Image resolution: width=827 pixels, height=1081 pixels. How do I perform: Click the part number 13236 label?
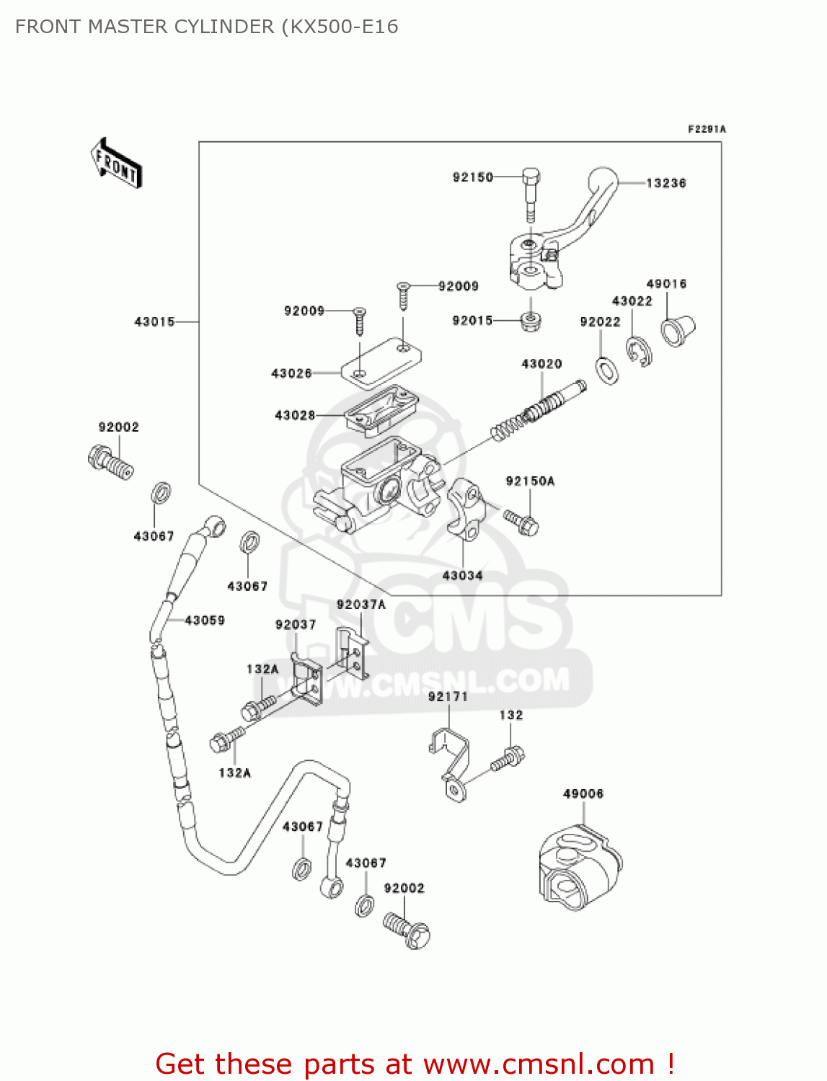[665, 183]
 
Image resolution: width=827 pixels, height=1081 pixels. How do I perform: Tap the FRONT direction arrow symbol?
[116, 164]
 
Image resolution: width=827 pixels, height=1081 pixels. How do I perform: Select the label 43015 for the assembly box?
[154, 321]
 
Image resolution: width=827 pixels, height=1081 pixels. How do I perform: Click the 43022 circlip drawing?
[638, 351]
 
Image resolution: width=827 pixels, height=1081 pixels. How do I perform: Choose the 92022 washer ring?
[607, 369]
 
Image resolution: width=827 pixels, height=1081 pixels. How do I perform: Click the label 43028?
[295, 415]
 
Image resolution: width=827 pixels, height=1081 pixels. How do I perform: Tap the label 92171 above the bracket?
[448, 696]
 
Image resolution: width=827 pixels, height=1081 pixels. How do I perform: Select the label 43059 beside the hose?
[205, 620]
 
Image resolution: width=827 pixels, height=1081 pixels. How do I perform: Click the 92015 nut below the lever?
[531, 320]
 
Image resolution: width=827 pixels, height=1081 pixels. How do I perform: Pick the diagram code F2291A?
[707, 130]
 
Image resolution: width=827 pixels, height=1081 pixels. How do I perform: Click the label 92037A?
[361, 605]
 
